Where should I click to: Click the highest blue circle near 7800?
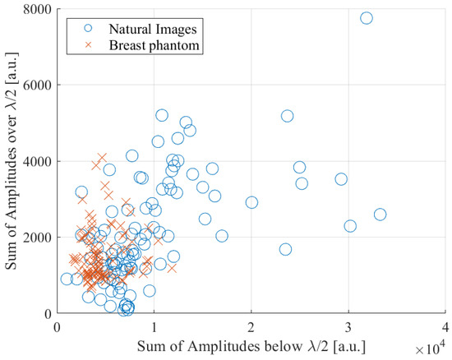click(367, 18)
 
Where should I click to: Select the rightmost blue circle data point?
click(380, 215)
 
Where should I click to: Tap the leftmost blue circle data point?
click(67, 279)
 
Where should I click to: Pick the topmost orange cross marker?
click(102, 157)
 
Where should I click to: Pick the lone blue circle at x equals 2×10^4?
click(251, 202)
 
